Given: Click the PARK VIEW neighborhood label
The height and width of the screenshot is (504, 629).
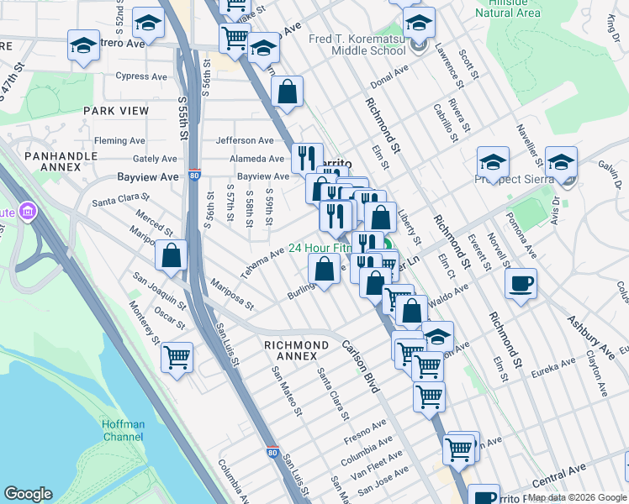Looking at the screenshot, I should pyautogui.click(x=115, y=111).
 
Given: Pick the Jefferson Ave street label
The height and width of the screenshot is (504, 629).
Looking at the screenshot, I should pyautogui.click(x=245, y=140).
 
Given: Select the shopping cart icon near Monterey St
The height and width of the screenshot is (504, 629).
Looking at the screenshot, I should pyautogui.click(x=177, y=357).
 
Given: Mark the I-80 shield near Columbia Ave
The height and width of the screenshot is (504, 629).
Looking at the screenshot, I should pyautogui.click(x=272, y=452).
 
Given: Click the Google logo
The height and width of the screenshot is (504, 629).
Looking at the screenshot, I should pyautogui.click(x=28, y=494).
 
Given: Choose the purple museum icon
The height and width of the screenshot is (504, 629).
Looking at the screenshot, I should pyautogui.click(x=27, y=210).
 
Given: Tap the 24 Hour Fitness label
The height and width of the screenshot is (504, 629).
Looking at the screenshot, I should pyautogui.click(x=320, y=249).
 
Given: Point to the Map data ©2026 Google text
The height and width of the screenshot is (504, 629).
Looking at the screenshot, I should pyautogui.click(x=577, y=497).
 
